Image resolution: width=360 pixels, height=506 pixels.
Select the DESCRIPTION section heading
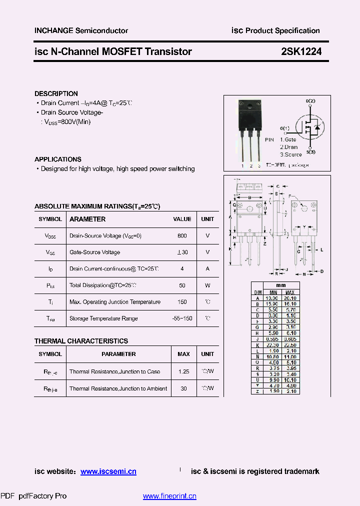tap(56, 93)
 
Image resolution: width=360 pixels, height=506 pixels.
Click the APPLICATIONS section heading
tap(58, 159)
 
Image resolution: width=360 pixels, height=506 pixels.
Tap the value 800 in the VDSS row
tap(182, 235)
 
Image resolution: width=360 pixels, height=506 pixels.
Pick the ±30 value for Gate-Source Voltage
tap(182, 252)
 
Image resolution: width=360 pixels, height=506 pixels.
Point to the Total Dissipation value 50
tap(182, 285)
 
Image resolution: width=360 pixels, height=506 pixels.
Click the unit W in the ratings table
tap(207, 285)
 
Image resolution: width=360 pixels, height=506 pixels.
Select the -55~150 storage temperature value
tap(182, 318)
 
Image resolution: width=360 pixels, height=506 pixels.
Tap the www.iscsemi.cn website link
tap(108, 471)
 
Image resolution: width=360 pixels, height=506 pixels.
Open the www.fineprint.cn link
tap(169, 496)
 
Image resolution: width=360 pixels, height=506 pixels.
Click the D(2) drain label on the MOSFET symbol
tap(310, 101)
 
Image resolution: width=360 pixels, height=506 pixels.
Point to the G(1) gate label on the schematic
tap(284, 128)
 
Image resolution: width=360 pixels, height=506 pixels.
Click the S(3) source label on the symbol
tap(310, 151)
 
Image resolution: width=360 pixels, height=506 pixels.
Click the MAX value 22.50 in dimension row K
tap(290, 345)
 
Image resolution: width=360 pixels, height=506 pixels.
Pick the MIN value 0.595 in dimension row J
tap(273, 339)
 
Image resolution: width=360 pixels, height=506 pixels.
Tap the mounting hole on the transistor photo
tap(248, 106)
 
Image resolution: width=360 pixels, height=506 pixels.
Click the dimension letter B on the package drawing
tap(249, 197)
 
